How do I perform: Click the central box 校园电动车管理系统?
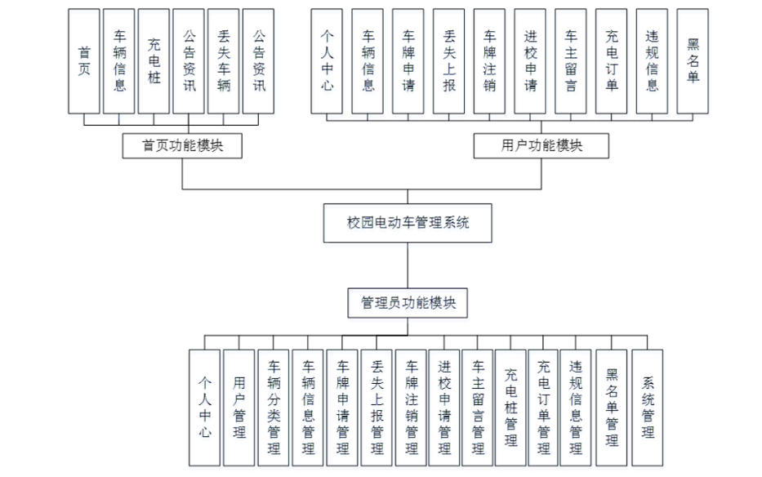[x=408, y=222]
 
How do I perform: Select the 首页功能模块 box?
[x=182, y=145]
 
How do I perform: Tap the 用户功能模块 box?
[x=541, y=145]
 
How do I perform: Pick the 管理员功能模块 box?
[x=408, y=302]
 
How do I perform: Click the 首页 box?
[x=84, y=60]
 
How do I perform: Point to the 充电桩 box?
[x=154, y=60]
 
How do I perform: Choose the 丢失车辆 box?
[x=224, y=60]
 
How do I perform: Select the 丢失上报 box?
[x=449, y=60]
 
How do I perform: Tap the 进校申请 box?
[x=531, y=60]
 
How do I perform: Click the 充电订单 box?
[x=612, y=60]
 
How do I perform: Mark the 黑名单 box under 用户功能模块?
[x=693, y=60]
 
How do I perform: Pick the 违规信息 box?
[x=653, y=60]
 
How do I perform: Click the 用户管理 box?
[x=239, y=407]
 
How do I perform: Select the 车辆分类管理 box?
[x=274, y=407]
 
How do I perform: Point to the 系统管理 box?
[x=647, y=407]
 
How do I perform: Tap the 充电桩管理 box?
[x=511, y=407]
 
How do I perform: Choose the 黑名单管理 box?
[x=613, y=407]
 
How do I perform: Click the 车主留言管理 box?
[x=478, y=407]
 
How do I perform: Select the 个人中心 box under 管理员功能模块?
[x=205, y=407]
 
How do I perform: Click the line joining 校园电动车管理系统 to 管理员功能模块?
[x=408, y=265]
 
